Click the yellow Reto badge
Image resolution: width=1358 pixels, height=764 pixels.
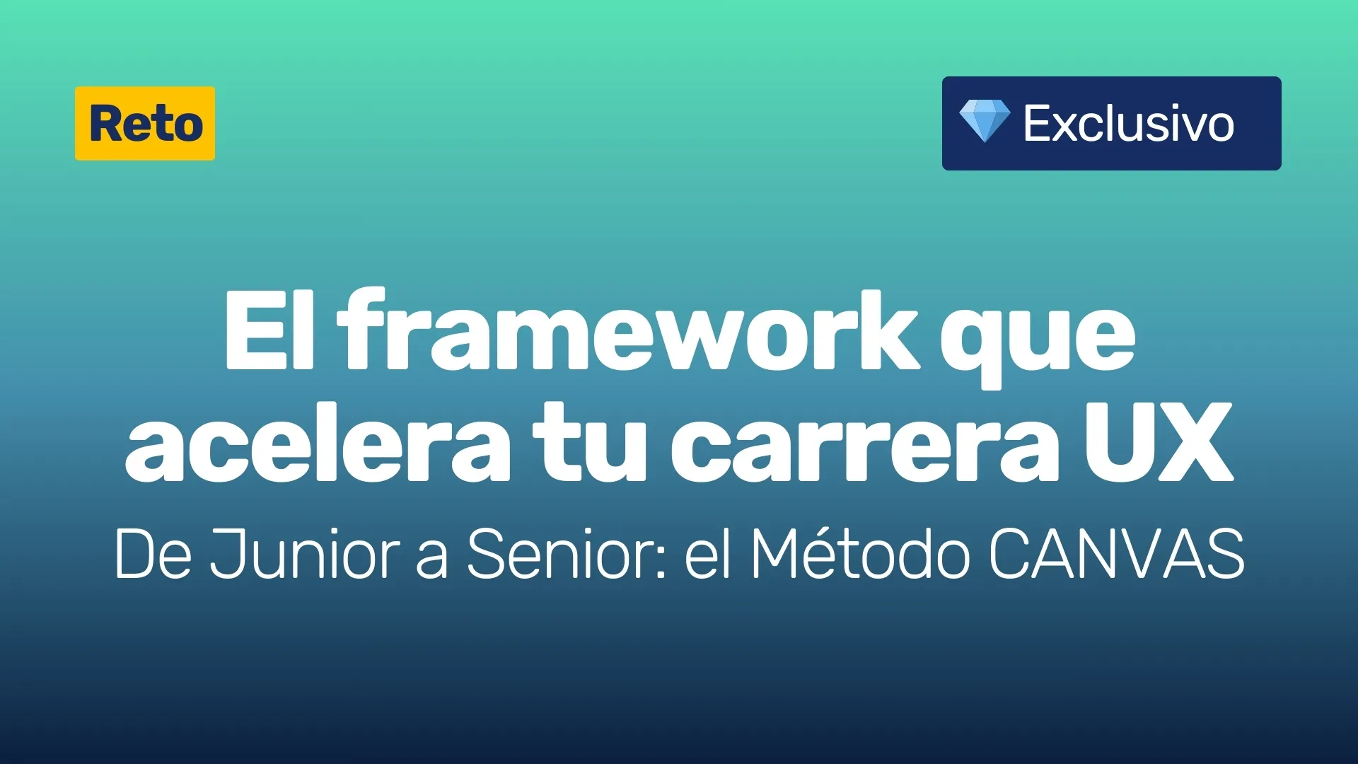[x=145, y=123]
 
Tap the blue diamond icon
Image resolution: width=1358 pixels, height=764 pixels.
[x=985, y=121]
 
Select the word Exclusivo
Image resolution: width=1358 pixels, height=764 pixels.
[x=1129, y=123]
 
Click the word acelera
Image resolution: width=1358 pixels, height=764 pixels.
[x=318, y=442]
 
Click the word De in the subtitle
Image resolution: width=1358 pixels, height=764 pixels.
[x=153, y=554]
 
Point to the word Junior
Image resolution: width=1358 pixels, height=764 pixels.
[x=304, y=554]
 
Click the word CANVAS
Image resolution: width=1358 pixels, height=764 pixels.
[x=1116, y=554]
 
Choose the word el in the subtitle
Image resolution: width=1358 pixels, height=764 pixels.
[x=708, y=553]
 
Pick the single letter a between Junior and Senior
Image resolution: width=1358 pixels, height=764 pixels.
[x=432, y=560]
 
